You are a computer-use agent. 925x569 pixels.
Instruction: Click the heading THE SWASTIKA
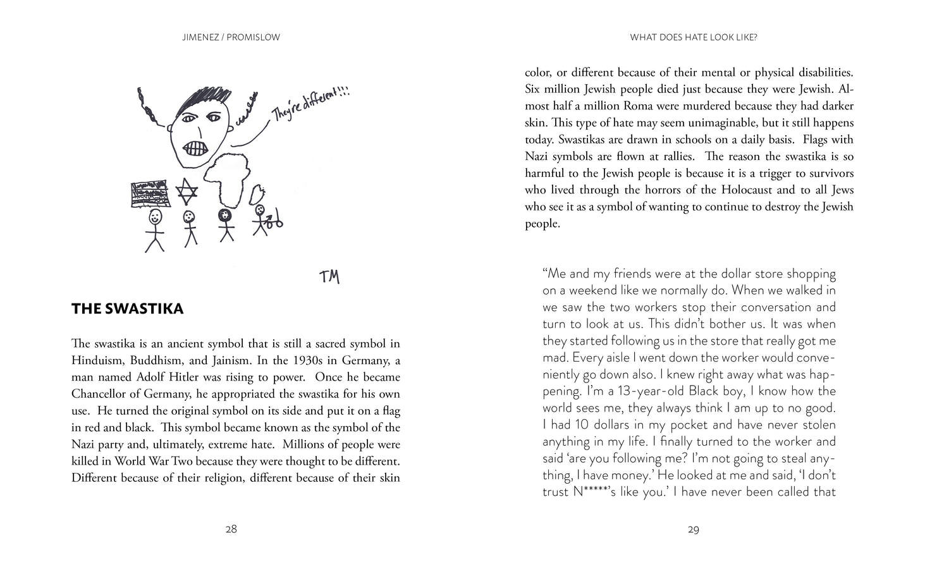(x=127, y=309)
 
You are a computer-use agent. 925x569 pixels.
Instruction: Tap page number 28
(x=231, y=530)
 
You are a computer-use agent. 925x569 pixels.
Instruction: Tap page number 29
(x=693, y=530)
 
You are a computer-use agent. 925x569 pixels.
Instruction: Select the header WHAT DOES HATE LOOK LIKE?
(x=693, y=37)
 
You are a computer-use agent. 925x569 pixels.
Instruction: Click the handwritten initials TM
(x=329, y=276)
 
